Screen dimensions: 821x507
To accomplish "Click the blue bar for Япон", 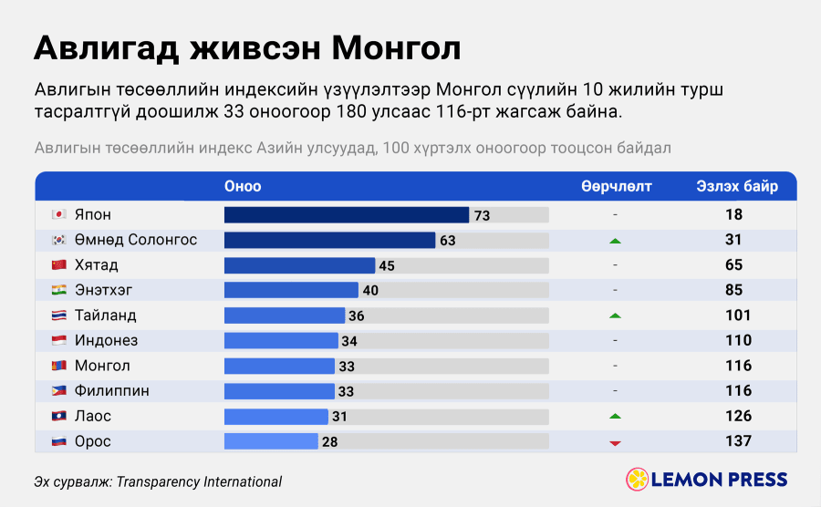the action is [x=347, y=214].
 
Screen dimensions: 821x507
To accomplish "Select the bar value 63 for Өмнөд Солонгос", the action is [x=448, y=241].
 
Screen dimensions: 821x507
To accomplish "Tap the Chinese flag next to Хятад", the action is [x=58, y=264].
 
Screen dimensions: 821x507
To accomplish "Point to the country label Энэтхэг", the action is [x=104, y=290].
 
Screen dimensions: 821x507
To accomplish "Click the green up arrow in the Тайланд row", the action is [x=615, y=316].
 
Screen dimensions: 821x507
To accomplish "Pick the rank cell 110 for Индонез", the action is [x=738, y=341].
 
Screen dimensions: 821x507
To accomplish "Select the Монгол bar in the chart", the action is [x=280, y=366].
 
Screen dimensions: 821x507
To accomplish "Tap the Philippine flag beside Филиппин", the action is [x=58, y=391].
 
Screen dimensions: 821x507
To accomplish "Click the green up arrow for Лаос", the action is [x=615, y=417].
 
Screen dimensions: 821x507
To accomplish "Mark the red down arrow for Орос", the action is [x=615, y=443].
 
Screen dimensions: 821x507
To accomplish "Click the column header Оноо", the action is [x=243, y=186].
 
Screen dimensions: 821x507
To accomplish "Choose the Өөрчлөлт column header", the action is [x=617, y=186].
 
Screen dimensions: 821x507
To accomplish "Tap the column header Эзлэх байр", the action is [x=737, y=186].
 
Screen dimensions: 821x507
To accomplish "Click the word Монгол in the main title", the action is [x=397, y=48].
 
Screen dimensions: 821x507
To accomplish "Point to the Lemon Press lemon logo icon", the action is [x=638, y=480].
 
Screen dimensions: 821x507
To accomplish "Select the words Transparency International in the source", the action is [x=199, y=481].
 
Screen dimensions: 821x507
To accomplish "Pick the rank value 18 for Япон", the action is [x=733, y=214].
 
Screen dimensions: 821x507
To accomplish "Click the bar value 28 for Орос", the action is [x=330, y=442].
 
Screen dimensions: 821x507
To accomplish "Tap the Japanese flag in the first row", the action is [x=58, y=214].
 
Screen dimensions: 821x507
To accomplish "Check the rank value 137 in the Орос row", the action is [x=738, y=441].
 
